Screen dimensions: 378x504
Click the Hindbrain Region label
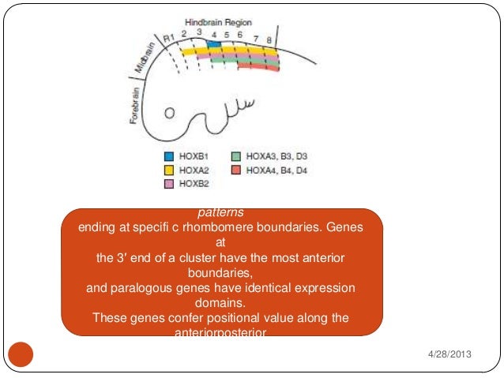218,22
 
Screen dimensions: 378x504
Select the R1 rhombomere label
167,38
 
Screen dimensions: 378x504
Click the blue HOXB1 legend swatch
168,156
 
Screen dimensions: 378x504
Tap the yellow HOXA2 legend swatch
168,170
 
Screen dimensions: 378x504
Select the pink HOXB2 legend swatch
168,184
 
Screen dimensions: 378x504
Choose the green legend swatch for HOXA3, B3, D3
236,156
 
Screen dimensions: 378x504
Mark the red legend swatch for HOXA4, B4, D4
236,170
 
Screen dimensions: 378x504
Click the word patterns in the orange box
221,212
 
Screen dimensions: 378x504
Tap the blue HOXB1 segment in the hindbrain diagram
203,45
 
